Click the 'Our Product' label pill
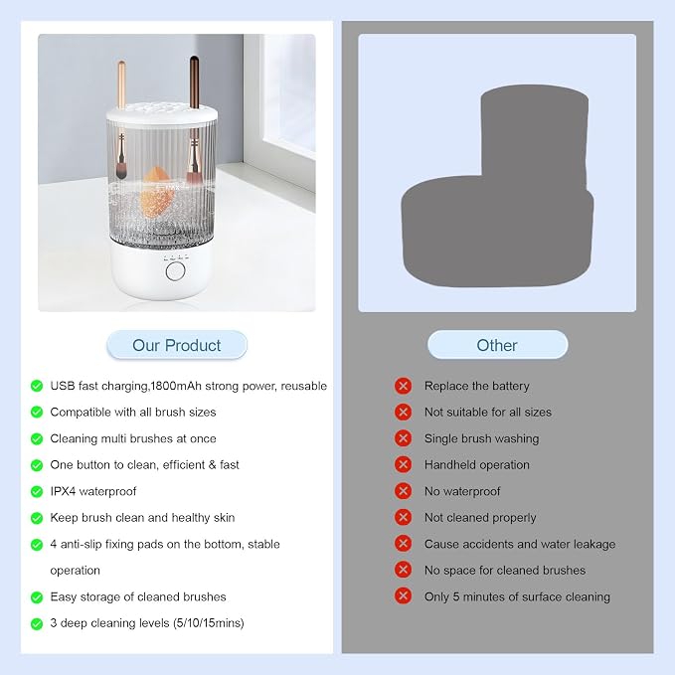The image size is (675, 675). [x=177, y=345]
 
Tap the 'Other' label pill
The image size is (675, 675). [x=497, y=345]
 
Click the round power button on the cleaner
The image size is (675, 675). [x=175, y=271]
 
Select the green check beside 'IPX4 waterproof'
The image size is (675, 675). [x=37, y=492]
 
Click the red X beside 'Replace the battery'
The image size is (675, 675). [x=403, y=386]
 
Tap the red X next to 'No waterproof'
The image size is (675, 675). [x=403, y=491]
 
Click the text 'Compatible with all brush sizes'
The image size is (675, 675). [x=133, y=413]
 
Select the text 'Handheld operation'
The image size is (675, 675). [x=477, y=465]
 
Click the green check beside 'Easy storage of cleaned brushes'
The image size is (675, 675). [x=37, y=597]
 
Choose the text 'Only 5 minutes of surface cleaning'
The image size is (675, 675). [x=517, y=597]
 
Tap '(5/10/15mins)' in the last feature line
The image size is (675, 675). [x=209, y=623]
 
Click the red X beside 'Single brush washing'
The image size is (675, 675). [x=403, y=438]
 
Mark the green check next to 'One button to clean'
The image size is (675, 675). [x=37, y=465]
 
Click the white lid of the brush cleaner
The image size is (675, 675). [x=162, y=112]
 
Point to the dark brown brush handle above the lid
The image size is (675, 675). [x=194, y=82]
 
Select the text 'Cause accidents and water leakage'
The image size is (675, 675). [x=520, y=544]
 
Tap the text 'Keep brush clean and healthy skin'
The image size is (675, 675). [x=142, y=518]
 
